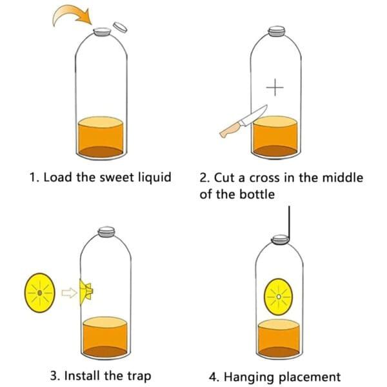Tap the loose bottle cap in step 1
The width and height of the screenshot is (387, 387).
tap(120, 26)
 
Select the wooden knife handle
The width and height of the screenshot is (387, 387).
tap(230, 132)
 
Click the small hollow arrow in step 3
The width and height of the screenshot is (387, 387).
tap(67, 293)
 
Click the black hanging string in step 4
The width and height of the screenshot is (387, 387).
tap(289, 223)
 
